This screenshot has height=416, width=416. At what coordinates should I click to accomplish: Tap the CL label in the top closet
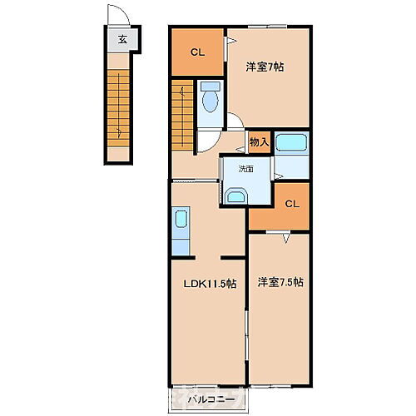pyautogui.click(x=197, y=52)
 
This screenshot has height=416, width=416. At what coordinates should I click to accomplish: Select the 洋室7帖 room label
pyautogui.click(x=265, y=67)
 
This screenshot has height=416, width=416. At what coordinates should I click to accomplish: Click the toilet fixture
pyautogui.click(x=210, y=99)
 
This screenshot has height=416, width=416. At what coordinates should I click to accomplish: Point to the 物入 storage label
pyautogui.click(x=259, y=142)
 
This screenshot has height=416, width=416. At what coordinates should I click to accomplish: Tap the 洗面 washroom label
pyautogui.click(x=245, y=168)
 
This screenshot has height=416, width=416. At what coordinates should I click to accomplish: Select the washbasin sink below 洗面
pyautogui.click(x=236, y=196)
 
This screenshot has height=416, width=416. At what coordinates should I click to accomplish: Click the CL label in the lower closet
pyautogui.click(x=291, y=204)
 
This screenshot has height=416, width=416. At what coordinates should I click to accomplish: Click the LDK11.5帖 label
pyautogui.click(x=209, y=283)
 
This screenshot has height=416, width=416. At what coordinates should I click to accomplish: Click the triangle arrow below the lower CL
pyautogui.click(x=286, y=238)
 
